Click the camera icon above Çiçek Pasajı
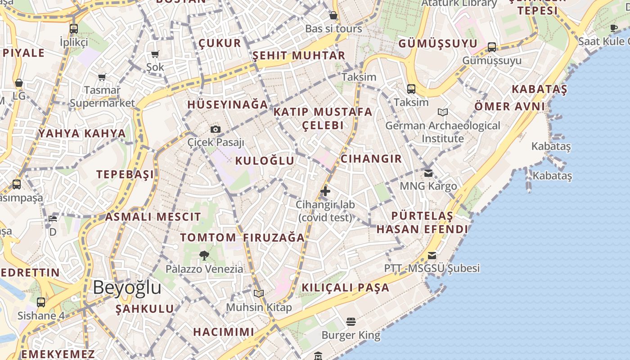(x=216, y=130)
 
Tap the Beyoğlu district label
(x=127, y=288)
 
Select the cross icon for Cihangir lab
(x=325, y=191)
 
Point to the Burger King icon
(x=351, y=322)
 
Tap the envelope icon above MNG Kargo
(x=428, y=173)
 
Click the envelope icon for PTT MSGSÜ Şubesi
(x=432, y=256)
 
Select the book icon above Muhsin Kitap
(x=258, y=294)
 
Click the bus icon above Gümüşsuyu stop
(x=492, y=47)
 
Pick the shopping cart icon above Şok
(x=155, y=54)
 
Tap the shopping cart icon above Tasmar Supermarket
(x=102, y=77)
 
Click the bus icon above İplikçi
(x=74, y=29)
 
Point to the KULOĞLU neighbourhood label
(x=265, y=161)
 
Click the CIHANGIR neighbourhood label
(x=371, y=158)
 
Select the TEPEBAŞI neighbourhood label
(x=125, y=175)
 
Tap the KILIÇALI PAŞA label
(x=345, y=288)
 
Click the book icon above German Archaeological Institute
(x=443, y=112)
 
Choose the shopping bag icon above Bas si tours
(x=333, y=16)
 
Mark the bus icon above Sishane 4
(x=41, y=302)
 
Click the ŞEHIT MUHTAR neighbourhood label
(x=299, y=55)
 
